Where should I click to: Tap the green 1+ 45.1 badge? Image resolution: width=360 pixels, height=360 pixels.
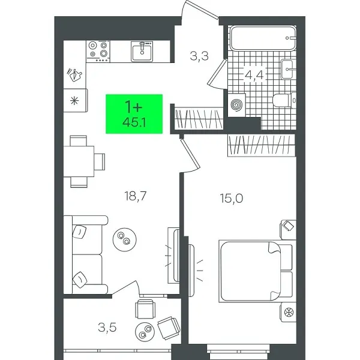coord(133,113)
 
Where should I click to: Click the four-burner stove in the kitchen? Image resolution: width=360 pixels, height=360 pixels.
coord(99,51)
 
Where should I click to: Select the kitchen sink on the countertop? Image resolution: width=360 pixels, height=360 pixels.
coord(143,50)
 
